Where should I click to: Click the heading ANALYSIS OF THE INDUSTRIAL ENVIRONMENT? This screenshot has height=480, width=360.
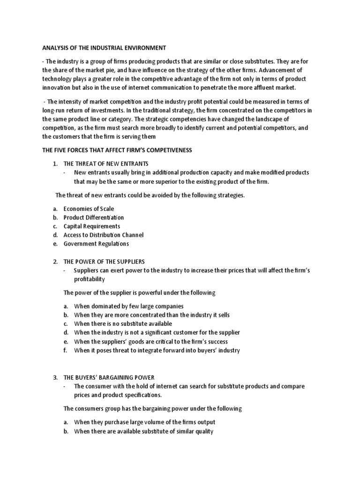point(105,47)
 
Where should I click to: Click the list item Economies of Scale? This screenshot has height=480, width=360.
point(89,209)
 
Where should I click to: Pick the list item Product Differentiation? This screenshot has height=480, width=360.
point(94,217)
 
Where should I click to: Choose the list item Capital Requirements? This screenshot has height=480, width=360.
point(92,226)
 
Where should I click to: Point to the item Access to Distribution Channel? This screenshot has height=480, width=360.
point(104,235)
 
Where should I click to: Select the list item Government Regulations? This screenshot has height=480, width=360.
point(96,244)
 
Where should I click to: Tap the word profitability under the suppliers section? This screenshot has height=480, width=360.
point(90,279)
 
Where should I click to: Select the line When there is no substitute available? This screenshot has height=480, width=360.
point(123,323)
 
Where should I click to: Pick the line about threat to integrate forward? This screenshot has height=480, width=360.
point(157,350)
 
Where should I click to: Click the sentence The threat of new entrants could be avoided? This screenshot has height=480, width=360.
point(150,195)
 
